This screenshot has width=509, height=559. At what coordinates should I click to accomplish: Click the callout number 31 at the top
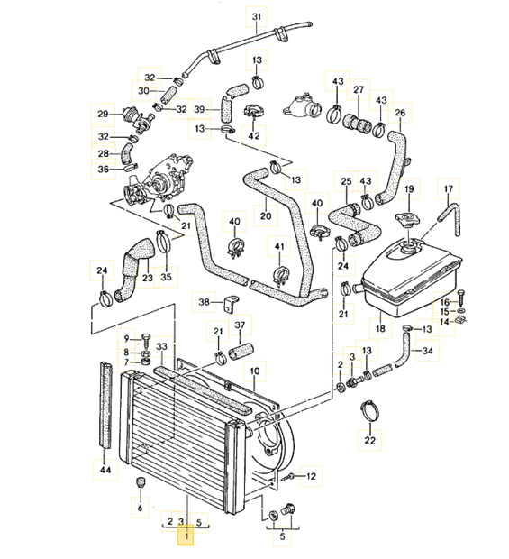pyautogui.click(x=256, y=17)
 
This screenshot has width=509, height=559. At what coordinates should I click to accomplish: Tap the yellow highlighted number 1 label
pyautogui.click(x=186, y=537)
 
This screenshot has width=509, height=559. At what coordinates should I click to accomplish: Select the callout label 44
pyautogui.click(x=104, y=470)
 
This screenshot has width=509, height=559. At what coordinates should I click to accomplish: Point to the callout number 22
pyautogui.click(x=368, y=441)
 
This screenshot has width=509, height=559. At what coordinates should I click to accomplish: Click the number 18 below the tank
pyautogui.click(x=379, y=330)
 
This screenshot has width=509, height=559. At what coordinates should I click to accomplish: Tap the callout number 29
pyautogui.click(x=103, y=114)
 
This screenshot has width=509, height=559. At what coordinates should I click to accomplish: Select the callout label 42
pyautogui.click(x=254, y=135)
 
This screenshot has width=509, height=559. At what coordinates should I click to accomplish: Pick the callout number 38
pyautogui.click(x=204, y=302)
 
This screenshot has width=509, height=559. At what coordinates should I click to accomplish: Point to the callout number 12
pyautogui.click(x=311, y=475)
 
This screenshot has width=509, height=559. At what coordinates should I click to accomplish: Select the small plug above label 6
pyautogui.click(x=140, y=486)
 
